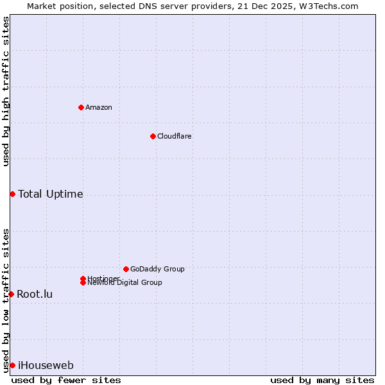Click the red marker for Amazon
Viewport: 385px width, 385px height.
point(81,107)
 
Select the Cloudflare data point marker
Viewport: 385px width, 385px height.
point(153,136)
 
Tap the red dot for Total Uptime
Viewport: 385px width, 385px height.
point(12,194)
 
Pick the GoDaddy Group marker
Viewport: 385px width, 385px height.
point(126,269)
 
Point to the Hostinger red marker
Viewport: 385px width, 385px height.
point(83,278)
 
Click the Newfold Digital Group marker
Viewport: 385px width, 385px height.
point(83,283)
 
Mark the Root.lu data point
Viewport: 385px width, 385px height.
point(11,294)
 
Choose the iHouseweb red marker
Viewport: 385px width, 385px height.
point(12,365)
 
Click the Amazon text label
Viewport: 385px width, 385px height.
point(99,107)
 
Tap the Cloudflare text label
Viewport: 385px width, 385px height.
point(174,136)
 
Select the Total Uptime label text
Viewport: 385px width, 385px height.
point(51,194)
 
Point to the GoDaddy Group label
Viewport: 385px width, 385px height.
point(157,269)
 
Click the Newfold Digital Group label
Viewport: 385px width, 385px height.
point(124,283)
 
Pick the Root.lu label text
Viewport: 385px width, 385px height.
point(35,294)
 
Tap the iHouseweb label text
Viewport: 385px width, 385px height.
point(46,365)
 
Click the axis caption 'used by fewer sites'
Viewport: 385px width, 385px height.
point(66,380)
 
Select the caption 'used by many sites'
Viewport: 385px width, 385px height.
point(322,380)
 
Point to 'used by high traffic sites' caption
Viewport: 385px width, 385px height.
point(6,91)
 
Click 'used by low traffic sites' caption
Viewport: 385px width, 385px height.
point(6,300)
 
